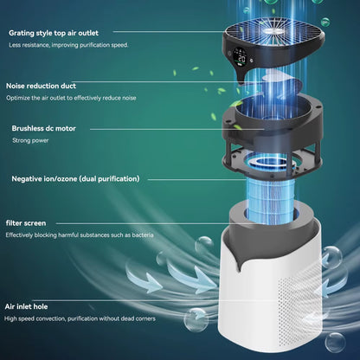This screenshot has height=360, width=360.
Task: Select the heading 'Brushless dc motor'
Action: point(45,128)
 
